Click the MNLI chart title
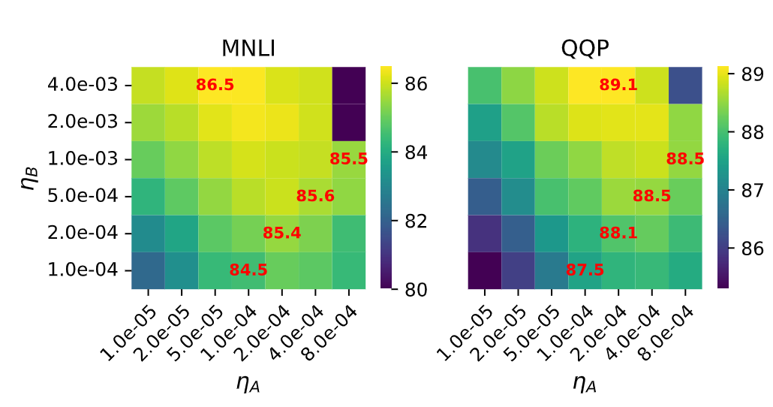[x=248, y=48]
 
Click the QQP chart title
[x=585, y=48]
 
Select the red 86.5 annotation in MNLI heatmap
[x=215, y=85]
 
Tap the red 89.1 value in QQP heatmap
[x=618, y=85]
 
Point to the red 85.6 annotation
[x=315, y=196]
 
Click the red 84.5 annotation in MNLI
[x=248, y=270]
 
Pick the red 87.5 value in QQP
[x=585, y=270]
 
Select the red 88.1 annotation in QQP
[x=618, y=233]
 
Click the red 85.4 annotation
[x=282, y=233]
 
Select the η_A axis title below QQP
[x=585, y=384]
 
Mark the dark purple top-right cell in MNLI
[x=349, y=85]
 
